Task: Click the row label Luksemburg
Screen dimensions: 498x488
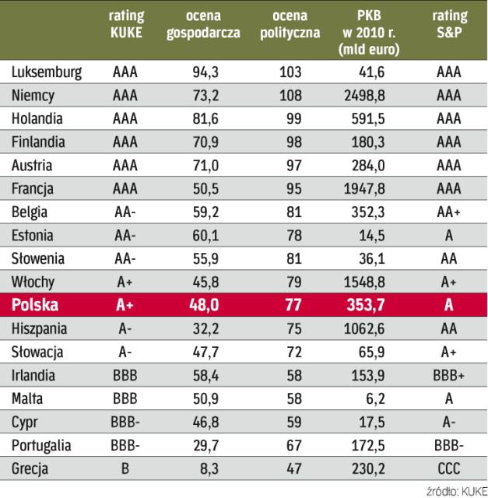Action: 47,72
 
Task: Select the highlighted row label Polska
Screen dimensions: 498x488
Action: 36,305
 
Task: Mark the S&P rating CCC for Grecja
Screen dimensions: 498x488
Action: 449,468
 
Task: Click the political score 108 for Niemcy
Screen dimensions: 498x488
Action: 289,96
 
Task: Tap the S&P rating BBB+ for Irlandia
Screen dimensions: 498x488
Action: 449,375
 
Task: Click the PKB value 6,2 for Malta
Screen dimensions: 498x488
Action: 382,398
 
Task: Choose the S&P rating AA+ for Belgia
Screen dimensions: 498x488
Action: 449,212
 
